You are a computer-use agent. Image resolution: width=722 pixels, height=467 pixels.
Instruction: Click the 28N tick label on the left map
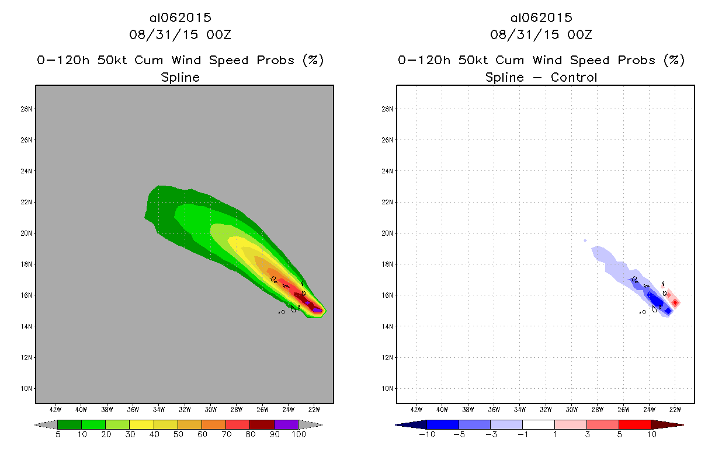click(27, 109)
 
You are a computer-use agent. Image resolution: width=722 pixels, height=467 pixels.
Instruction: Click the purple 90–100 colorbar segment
click(286, 424)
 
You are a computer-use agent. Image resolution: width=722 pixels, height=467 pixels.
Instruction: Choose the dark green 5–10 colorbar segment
click(70, 424)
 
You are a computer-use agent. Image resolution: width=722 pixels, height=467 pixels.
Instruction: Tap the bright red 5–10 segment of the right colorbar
click(634, 424)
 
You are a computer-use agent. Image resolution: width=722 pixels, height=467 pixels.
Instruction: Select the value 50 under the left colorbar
click(178, 435)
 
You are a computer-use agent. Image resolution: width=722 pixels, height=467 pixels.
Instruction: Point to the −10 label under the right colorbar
click(426, 435)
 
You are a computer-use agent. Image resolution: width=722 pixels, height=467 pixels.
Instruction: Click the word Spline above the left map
click(180, 77)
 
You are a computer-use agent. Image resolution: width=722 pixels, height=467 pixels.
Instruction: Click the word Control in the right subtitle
click(574, 77)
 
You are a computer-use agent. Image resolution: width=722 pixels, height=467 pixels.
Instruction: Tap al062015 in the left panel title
click(180, 18)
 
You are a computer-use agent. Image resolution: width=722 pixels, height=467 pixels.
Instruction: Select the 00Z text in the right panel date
click(579, 34)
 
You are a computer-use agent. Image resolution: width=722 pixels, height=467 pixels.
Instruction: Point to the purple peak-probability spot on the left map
click(317, 310)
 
